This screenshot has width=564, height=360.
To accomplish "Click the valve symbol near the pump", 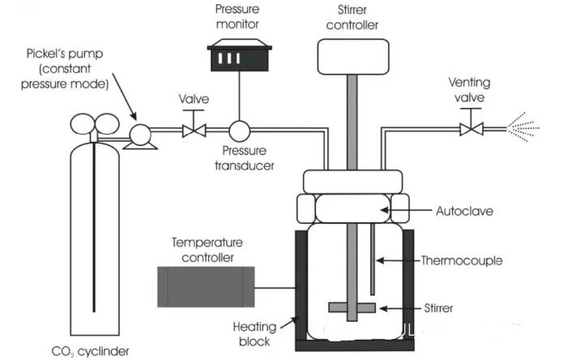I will [x=194, y=129].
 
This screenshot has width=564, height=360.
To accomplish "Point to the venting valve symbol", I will [x=471, y=129].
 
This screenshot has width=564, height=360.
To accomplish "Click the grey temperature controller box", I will [x=205, y=285].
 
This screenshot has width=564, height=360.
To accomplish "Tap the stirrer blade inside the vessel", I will [x=352, y=307].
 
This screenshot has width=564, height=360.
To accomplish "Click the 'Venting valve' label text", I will [x=472, y=88].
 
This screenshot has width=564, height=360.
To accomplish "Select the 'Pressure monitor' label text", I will [x=237, y=16].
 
